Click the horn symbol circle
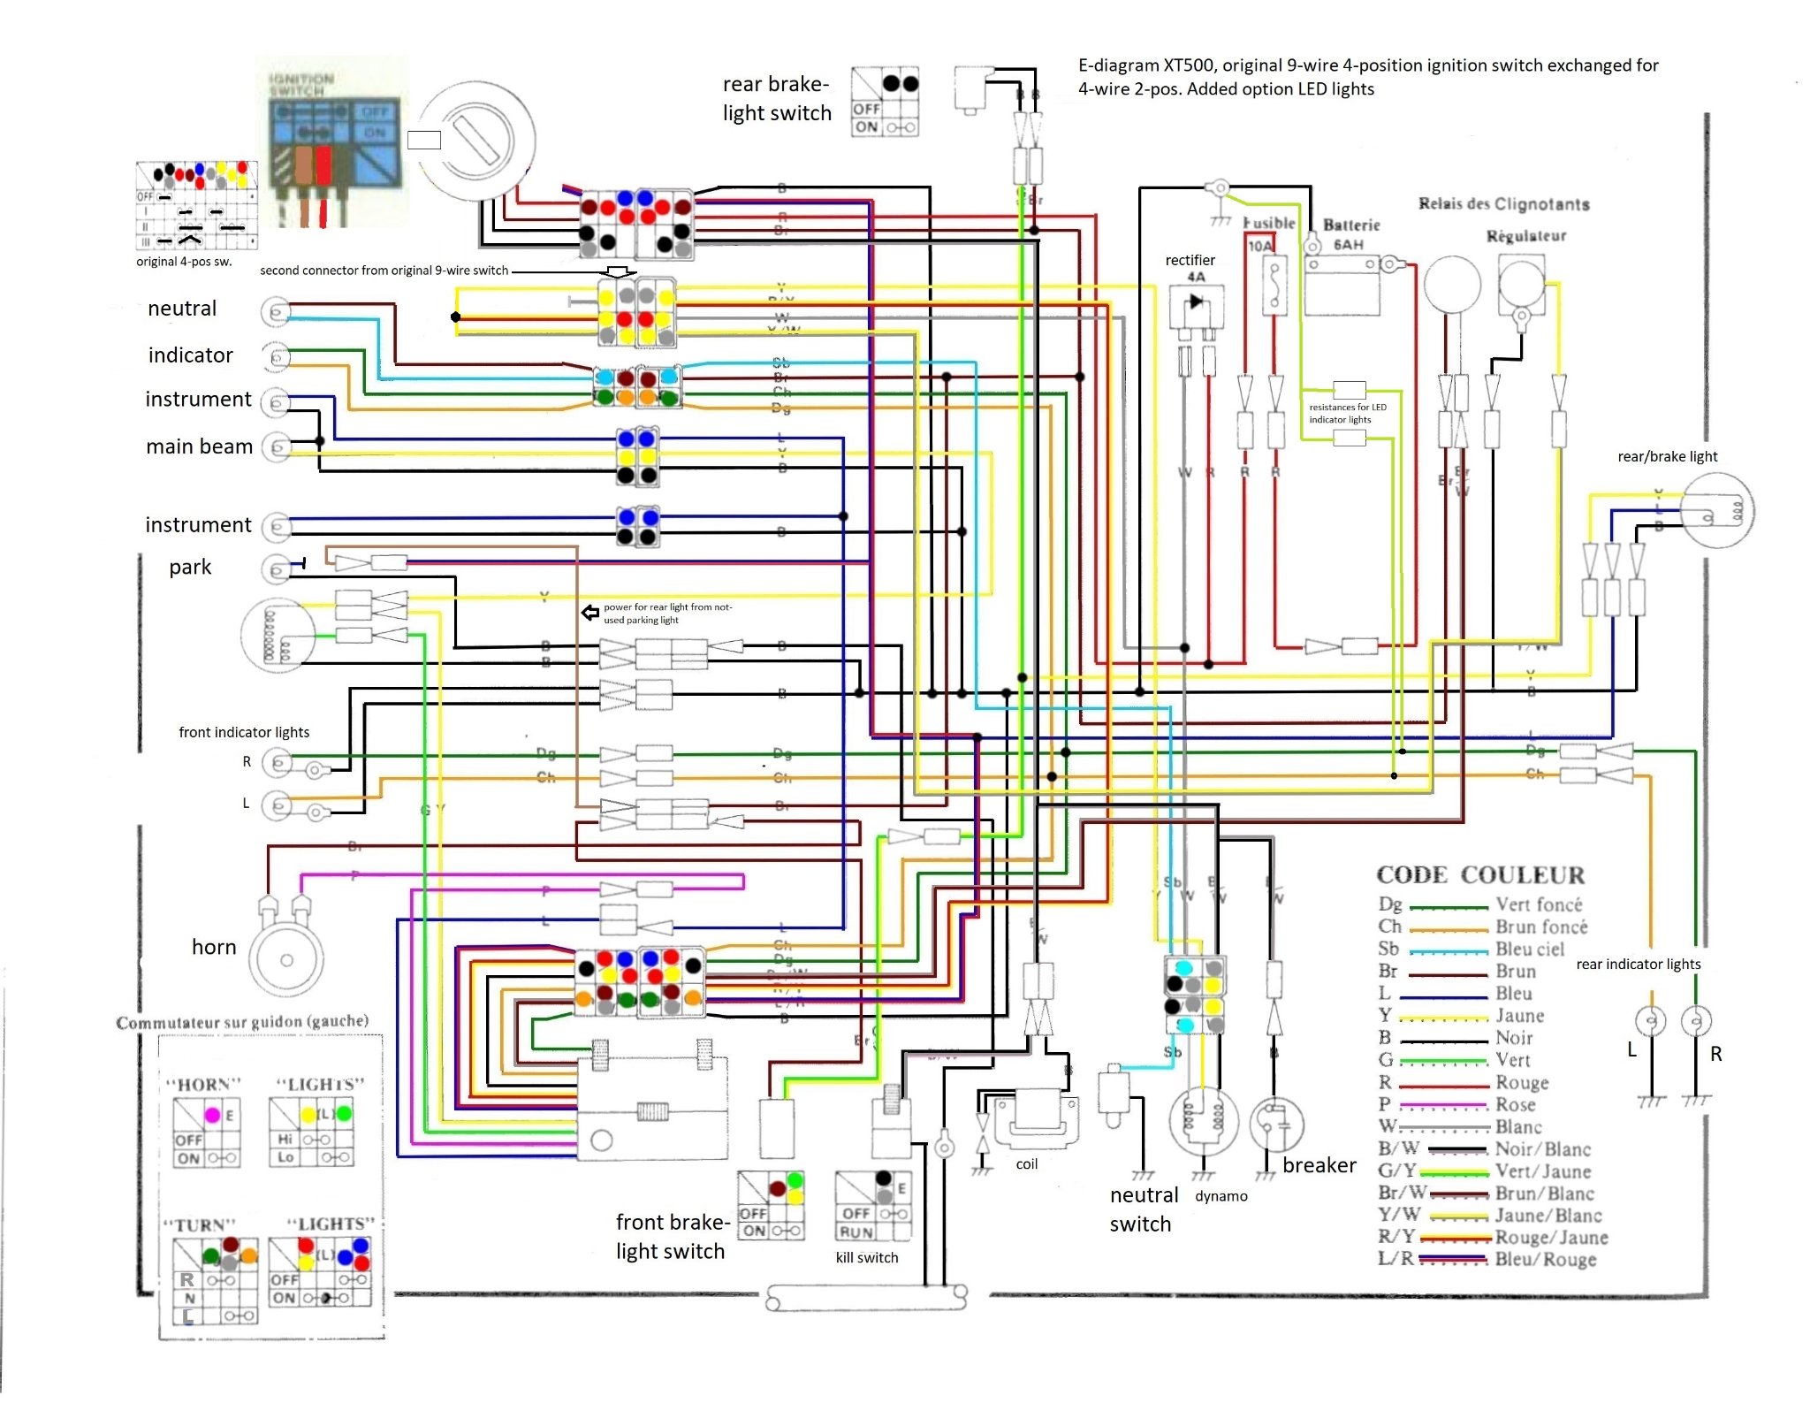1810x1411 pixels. [x=286, y=960]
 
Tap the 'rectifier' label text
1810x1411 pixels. [x=1190, y=260]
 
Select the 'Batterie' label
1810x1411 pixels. [x=1350, y=225]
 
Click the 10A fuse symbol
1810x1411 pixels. [x=1274, y=285]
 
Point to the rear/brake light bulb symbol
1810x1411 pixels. [x=1716, y=511]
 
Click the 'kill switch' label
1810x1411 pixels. [x=866, y=1257]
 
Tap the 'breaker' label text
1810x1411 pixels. [x=1319, y=1165]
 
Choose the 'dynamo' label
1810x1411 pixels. [x=1221, y=1196]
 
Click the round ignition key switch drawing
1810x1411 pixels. [x=476, y=141]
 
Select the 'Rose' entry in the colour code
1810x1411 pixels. [x=1515, y=1104]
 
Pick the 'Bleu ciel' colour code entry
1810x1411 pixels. [x=1529, y=949]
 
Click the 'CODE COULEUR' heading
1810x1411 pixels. [x=1480, y=875]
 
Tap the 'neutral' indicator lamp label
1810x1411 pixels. [x=182, y=309]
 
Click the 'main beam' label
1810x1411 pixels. [x=199, y=446]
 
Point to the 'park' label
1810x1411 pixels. [x=190, y=567]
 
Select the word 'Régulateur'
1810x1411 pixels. [x=1525, y=236]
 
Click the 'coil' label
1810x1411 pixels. [x=1026, y=1163]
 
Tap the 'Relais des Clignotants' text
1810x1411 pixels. [x=1503, y=204]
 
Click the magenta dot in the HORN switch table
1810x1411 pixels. [x=212, y=1115]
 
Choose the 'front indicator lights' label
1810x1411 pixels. [x=244, y=732]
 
